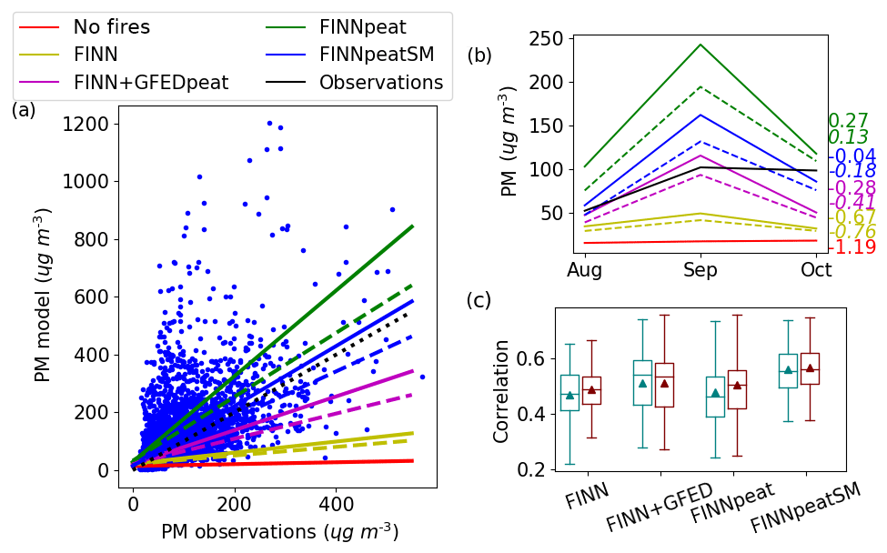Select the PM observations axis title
tap(279, 531)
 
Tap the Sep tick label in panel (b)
tap(701, 270)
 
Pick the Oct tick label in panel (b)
tap(816, 270)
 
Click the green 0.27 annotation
tap(848, 121)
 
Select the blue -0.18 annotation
tap(853, 171)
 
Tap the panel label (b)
tap(479, 55)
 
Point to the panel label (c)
tap(479, 300)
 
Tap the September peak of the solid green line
tap(701, 45)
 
